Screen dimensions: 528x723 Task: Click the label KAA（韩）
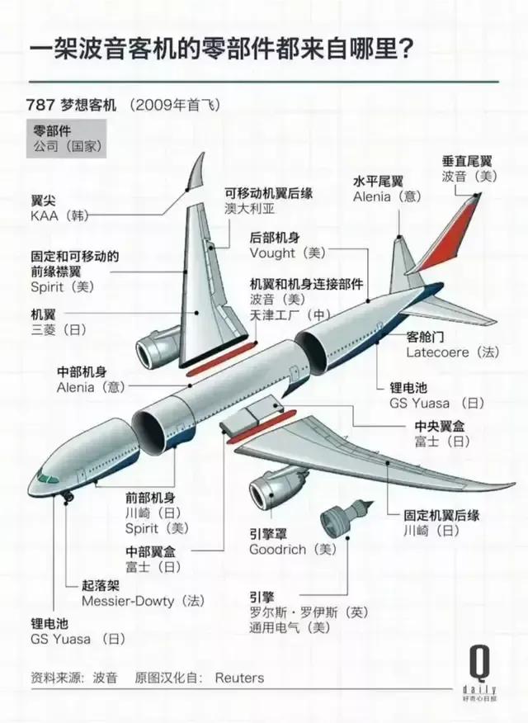pos(59,215)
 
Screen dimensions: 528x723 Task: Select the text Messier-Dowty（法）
pos(143,601)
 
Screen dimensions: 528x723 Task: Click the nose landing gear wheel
pos(68,497)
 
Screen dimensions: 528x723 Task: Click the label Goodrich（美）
pos(293,549)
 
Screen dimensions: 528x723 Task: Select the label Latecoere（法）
pos(452,352)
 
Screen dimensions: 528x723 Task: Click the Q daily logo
pos(479,673)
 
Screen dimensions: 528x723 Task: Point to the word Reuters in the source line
pos(239,678)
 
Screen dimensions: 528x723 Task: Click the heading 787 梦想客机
pos(72,105)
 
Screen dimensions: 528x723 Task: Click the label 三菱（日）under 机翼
pos(59,329)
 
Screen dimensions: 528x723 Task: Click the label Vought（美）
pos(287,253)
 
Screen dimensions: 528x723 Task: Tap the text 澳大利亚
pos(250,209)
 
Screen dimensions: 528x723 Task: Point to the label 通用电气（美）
pos(290,627)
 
